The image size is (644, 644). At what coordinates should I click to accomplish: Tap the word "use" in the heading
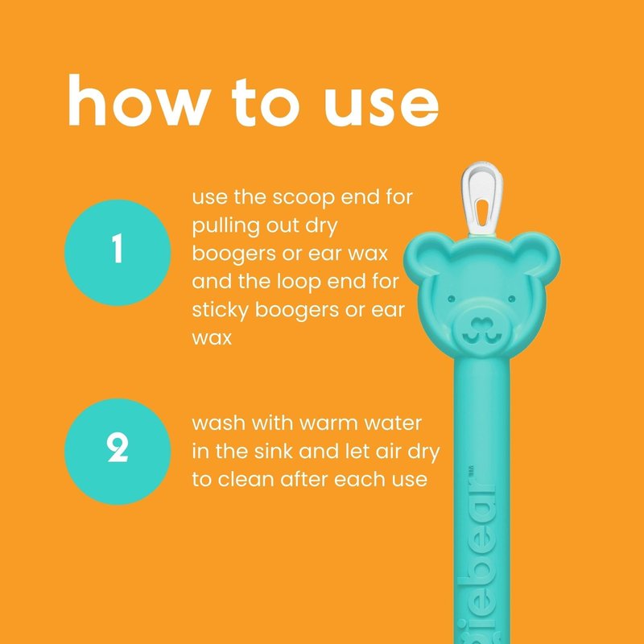[382, 106]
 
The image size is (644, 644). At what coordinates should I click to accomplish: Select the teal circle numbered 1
[118, 252]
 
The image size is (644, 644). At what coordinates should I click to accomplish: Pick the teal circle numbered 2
[118, 451]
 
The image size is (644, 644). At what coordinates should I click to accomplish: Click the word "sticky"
[220, 311]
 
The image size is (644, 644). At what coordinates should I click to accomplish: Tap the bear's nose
[481, 324]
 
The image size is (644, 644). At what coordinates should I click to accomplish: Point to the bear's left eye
[452, 298]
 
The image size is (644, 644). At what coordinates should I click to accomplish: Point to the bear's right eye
[512, 298]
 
